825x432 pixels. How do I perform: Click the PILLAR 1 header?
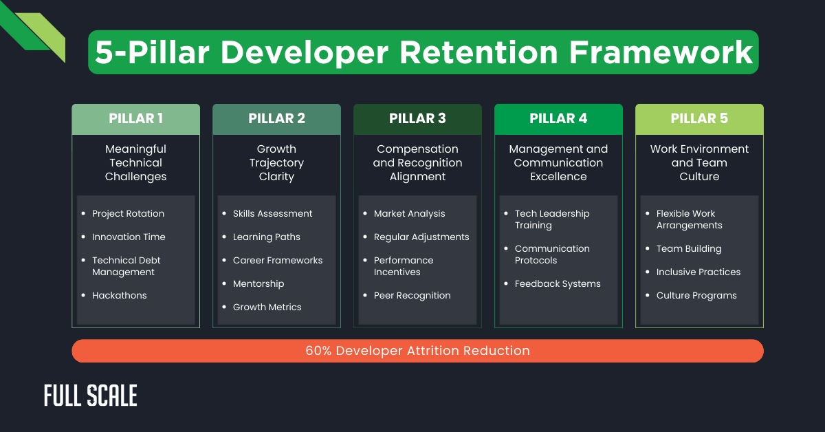point(135,119)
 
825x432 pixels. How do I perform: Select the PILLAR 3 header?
point(417,119)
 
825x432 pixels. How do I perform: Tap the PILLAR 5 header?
point(699,119)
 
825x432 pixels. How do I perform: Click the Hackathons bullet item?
point(120,296)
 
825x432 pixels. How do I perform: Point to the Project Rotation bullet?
point(129,214)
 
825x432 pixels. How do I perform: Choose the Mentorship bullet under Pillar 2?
point(258,284)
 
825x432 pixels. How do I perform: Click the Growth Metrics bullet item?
point(267,307)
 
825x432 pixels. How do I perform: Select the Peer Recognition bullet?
point(412,296)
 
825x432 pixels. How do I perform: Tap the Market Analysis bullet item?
point(409,214)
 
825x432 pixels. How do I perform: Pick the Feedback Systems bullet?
point(558,284)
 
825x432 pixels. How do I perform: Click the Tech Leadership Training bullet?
point(552,219)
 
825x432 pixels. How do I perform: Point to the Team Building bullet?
point(689,249)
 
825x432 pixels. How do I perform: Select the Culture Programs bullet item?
point(696,296)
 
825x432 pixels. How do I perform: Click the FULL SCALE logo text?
point(91,396)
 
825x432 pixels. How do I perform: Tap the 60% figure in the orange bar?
point(318,351)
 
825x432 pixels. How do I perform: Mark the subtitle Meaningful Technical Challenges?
point(135,163)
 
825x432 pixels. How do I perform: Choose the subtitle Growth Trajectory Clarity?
point(276,163)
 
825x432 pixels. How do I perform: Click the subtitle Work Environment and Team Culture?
point(699,163)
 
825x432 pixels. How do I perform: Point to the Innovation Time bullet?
point(129,237)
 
